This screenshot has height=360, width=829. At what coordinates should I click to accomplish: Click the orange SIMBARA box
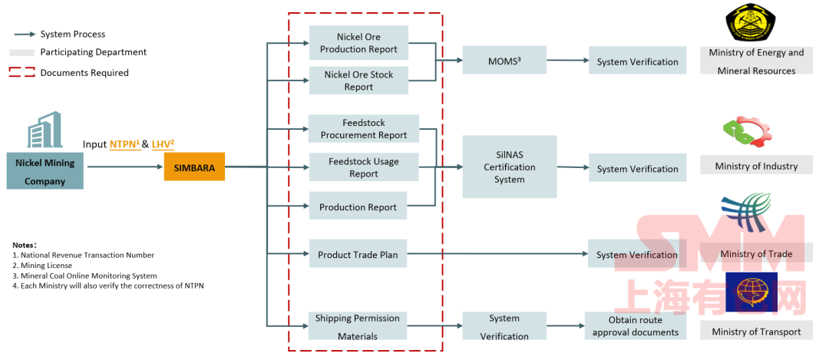point(194,167)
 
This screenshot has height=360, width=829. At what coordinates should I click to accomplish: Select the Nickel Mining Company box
point(45,171)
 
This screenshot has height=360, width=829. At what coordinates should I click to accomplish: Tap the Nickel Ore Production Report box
point(358,43)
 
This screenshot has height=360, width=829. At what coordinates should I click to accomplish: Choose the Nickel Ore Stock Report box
point(358,81)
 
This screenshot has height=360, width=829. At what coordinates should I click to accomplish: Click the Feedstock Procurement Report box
point(364,129)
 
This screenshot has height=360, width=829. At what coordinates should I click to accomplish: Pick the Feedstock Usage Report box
point(364,167)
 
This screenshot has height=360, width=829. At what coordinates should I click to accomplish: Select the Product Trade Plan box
point(358,254)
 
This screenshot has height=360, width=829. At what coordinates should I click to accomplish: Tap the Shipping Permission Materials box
point(358,326)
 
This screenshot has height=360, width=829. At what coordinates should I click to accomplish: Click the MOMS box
point(504,61)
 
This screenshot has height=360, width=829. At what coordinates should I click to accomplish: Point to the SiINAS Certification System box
point(510,167)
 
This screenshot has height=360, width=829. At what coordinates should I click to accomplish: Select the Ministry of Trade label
point(756,254)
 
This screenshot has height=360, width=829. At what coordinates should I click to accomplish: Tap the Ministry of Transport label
point(756,332)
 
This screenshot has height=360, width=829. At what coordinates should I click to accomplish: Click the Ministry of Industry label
point(756,166)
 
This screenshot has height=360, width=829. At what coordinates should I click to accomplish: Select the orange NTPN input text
point(124,144)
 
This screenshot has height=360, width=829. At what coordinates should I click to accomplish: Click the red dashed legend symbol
point(22,73)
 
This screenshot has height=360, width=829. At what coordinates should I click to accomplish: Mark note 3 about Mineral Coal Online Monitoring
point(85,276)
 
